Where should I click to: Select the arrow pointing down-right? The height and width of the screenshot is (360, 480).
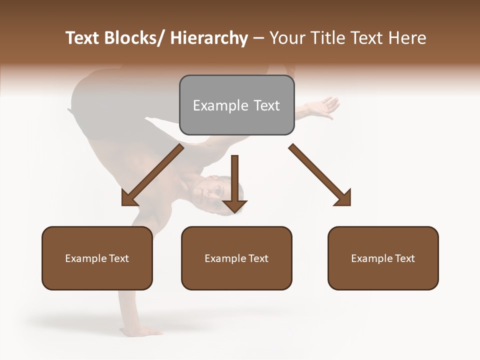tap(320, 175)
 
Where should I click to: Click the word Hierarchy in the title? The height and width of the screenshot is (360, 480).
tap(208, 38)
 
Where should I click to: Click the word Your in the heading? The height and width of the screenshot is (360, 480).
tap(287, 38)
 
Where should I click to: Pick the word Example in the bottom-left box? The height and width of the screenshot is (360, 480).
tap(85, 258)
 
